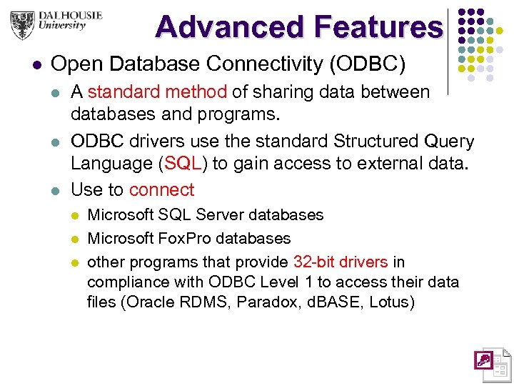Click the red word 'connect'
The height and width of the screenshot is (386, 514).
coord(162,189)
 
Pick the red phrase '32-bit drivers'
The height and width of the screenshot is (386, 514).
coord(341,262)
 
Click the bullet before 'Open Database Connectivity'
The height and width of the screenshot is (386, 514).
coord(37,65)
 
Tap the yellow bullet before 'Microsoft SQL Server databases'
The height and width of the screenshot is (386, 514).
coord(75,215)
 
